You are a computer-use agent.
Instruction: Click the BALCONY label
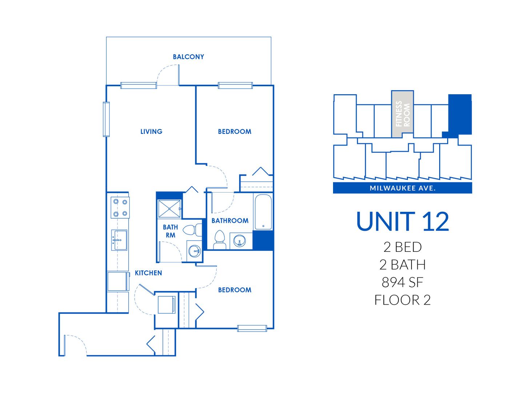pos(188,57)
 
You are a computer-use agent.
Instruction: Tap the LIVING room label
pos(151,131)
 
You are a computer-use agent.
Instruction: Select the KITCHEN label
pos(148,273)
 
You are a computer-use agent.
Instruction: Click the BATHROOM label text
pos(230,221)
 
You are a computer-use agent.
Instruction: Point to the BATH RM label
pos(170,231)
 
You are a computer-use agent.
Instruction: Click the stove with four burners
pos(120,207)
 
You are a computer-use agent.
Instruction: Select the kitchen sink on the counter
pos(119,240)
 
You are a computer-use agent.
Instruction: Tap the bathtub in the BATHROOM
pos(263,212)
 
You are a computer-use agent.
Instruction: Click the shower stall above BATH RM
pos(169,209)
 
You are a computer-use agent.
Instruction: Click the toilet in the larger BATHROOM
pos(220,239)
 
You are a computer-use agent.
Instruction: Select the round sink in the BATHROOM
pos(239,241)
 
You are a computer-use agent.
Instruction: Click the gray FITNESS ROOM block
pos(402,114)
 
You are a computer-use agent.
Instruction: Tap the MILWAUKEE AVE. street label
pos(402,188)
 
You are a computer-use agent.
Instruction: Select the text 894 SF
pos(402,282)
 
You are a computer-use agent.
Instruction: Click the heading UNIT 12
pos(402,222)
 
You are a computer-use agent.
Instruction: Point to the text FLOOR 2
pos(402,300)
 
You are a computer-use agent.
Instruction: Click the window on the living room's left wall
pos(106,119)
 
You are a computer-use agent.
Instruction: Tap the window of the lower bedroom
pos(252,328)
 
